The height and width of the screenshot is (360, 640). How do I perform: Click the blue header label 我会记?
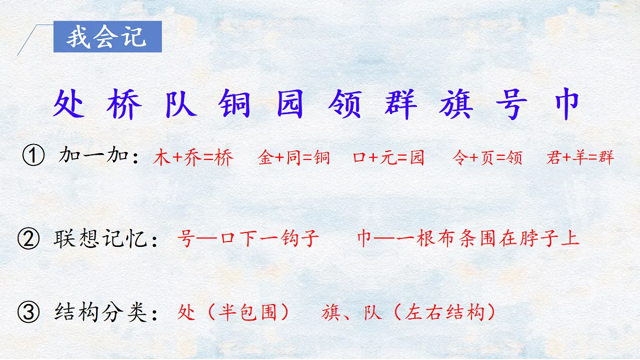coord(107,37)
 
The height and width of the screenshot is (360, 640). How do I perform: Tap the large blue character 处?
coord(69,104)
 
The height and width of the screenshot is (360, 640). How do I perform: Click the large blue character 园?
coord(290,104)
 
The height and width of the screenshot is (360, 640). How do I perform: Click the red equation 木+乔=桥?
coord(194,158)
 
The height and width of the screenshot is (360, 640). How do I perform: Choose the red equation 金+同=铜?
coord(294,158)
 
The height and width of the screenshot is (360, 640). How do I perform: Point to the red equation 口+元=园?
coord(389,158)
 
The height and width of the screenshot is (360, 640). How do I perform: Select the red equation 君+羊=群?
coord(580,158)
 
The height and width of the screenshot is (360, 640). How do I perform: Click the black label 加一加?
coord(95,157)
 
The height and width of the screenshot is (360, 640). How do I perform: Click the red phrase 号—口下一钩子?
coord(248,239)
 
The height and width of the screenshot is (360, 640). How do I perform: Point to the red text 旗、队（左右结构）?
coord(409,313)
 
